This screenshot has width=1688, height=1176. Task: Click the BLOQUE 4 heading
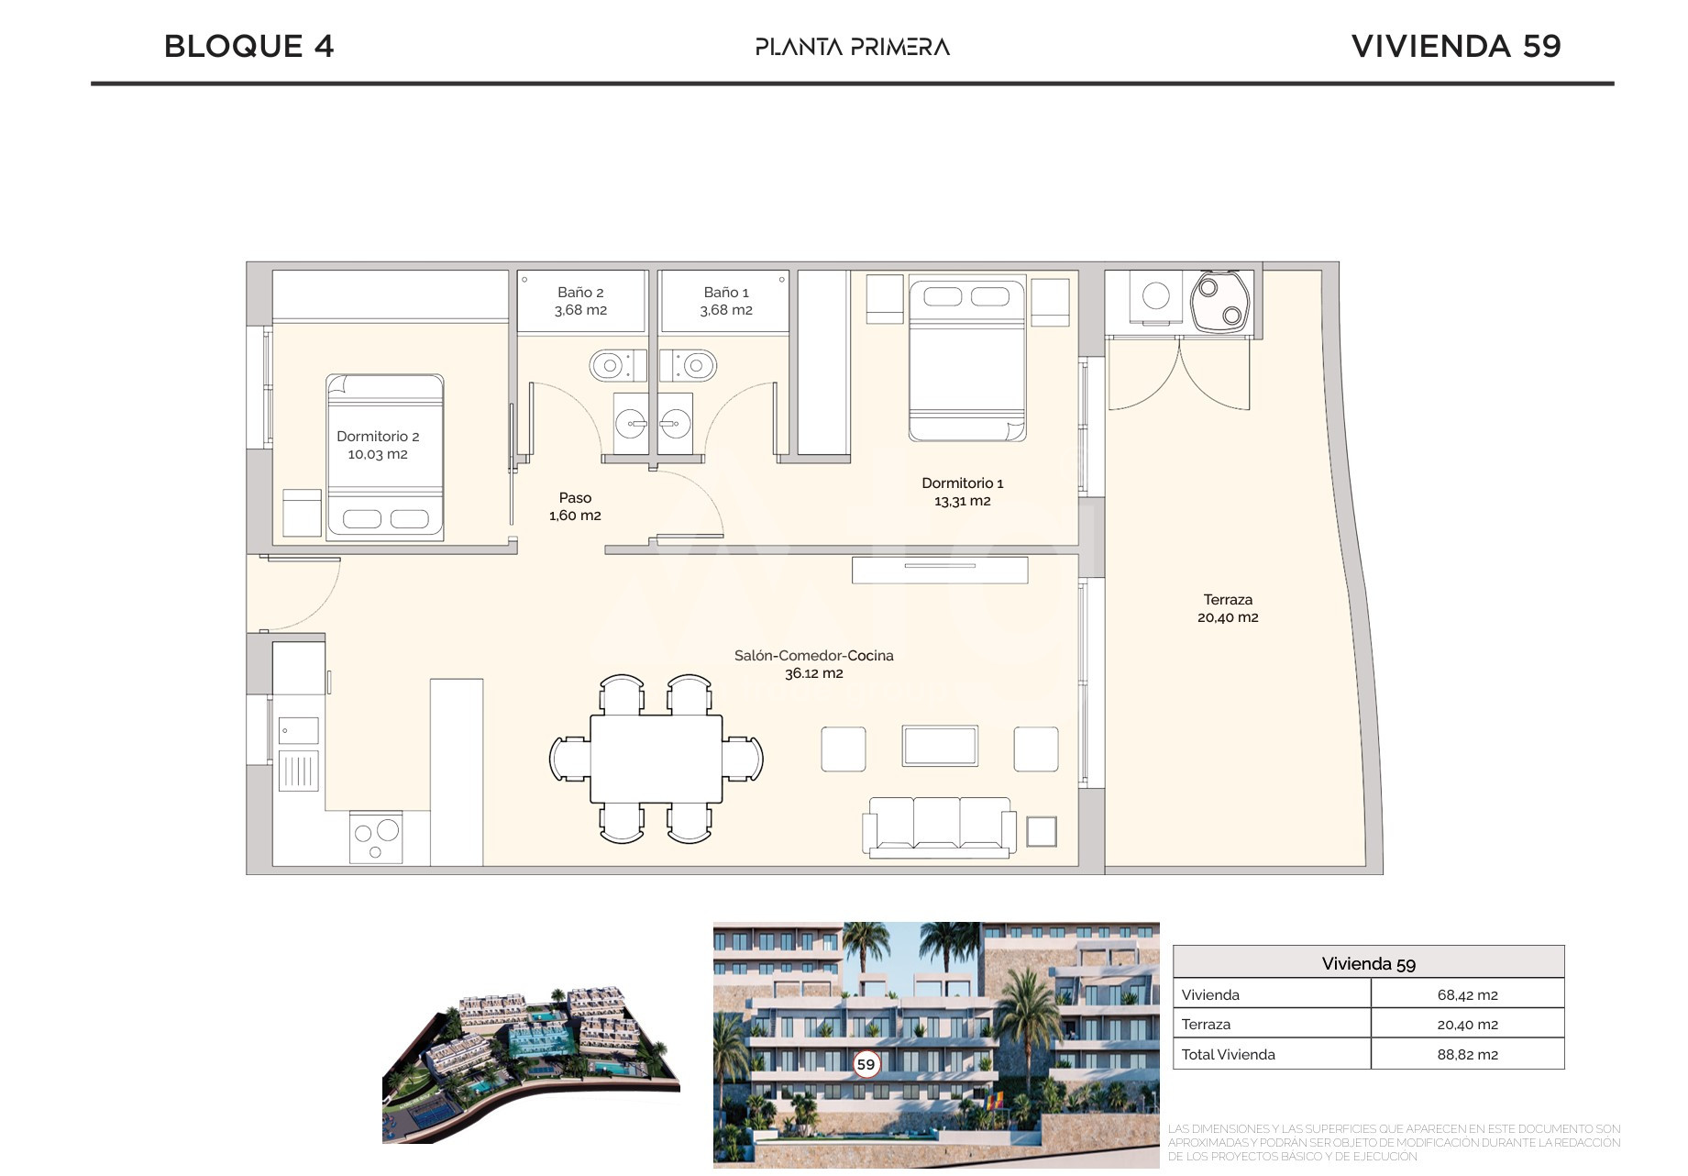coord(248,46)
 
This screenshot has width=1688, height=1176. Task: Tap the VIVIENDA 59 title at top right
coord(1456,46)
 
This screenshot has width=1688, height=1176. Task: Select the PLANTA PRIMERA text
coord(853,47)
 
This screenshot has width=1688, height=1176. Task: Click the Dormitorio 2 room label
coord(378,437)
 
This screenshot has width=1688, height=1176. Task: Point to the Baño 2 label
coord(580,293)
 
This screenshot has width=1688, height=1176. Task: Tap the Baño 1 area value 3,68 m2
coord(726,310)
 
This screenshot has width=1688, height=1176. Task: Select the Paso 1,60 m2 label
coord(575,506)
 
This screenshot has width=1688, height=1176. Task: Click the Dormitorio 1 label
coord(963,483)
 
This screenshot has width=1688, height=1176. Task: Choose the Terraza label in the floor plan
coord(1228,600)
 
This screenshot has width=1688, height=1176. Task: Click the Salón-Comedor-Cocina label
coord(814,656)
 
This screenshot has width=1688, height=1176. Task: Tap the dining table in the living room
coord(656,759)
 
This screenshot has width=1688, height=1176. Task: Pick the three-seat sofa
coord(939,827)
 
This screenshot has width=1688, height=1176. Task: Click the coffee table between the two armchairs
coord(940,746)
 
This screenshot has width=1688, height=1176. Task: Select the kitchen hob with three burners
coord(376,838)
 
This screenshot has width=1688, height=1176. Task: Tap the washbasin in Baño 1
coord(675,424)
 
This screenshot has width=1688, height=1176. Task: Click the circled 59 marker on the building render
coord(866,1064)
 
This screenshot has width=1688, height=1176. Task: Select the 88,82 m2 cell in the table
coord(1468,1055)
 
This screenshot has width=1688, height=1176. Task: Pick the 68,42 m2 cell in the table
coord(1468,995)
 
